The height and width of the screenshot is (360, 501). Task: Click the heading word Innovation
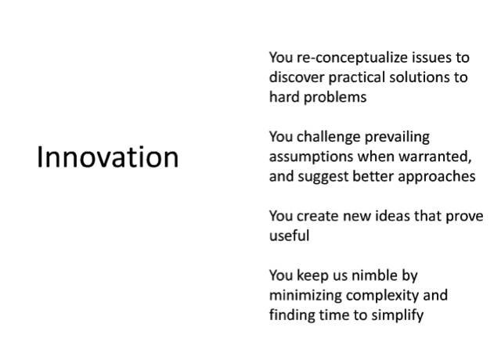[108, 157]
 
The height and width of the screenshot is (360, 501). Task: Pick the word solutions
[418, 77]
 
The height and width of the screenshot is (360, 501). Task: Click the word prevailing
[397, 138]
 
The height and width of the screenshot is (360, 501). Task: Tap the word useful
[289, 236]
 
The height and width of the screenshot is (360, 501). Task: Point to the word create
[318, 216]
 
